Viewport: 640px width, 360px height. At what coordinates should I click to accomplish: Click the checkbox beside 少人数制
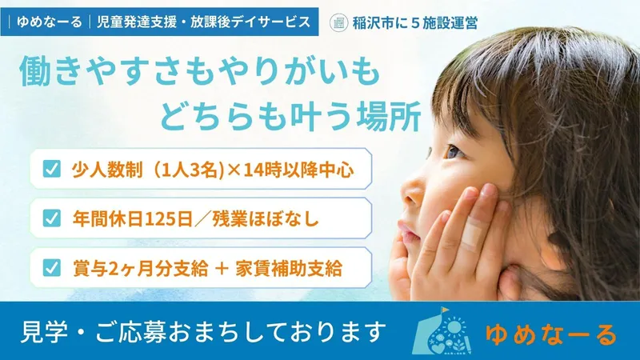(x=51, y=169)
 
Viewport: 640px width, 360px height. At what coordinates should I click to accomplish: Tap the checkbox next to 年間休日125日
(x=51, y=218)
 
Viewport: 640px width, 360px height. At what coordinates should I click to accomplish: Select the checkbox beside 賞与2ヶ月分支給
(x=51, y=268)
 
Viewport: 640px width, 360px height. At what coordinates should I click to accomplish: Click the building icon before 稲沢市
(x=338, y=22)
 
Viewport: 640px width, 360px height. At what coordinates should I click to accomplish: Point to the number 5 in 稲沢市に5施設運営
(x=415, y=23)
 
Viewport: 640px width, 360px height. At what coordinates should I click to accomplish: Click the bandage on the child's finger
(x=472, y=231)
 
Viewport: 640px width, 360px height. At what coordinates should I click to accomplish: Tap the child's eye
(x=454, y=153)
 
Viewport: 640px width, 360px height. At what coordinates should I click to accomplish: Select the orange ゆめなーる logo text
(x=550, y=334)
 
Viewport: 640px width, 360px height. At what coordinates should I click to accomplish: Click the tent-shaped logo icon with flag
(x=442, y=330)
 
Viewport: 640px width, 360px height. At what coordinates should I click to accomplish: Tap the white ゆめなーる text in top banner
(x=50, y=22)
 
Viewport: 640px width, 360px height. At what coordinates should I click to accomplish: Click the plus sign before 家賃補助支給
(x=222, y=269)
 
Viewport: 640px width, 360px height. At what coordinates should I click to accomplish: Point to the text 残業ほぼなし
(x=266, y=219)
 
